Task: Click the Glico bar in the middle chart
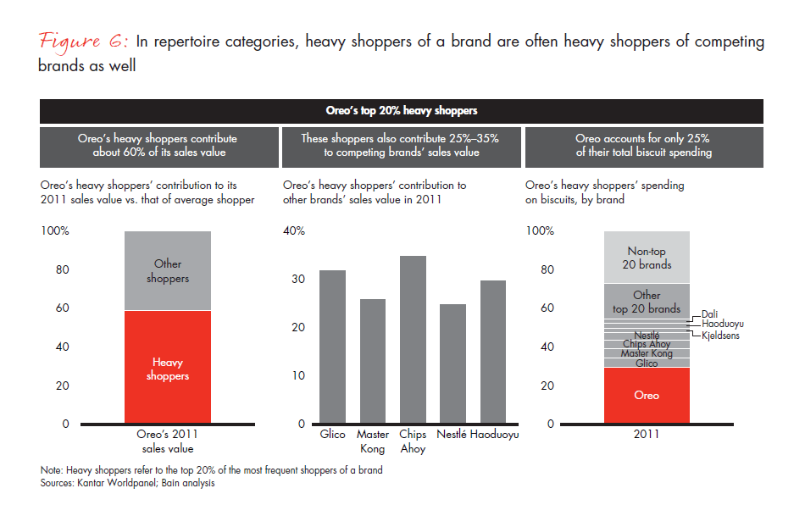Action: coord(333,347)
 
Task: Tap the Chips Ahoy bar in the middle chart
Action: coord(413,339)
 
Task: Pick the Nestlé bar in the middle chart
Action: coord(452,363)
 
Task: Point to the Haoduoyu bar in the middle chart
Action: coord(492,352)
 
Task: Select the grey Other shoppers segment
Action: coord(168,270)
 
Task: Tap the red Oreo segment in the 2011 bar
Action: coord(647,395)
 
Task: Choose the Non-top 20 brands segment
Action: coord(647,257)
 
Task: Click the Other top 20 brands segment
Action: coord(647,301)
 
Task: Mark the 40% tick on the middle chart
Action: coord(294,231)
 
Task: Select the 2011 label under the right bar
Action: coord(647,435)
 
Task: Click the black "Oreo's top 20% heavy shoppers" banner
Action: coord(402,111)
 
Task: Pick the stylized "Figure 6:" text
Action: coord(82,42)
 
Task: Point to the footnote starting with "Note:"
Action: coord(212,470)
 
